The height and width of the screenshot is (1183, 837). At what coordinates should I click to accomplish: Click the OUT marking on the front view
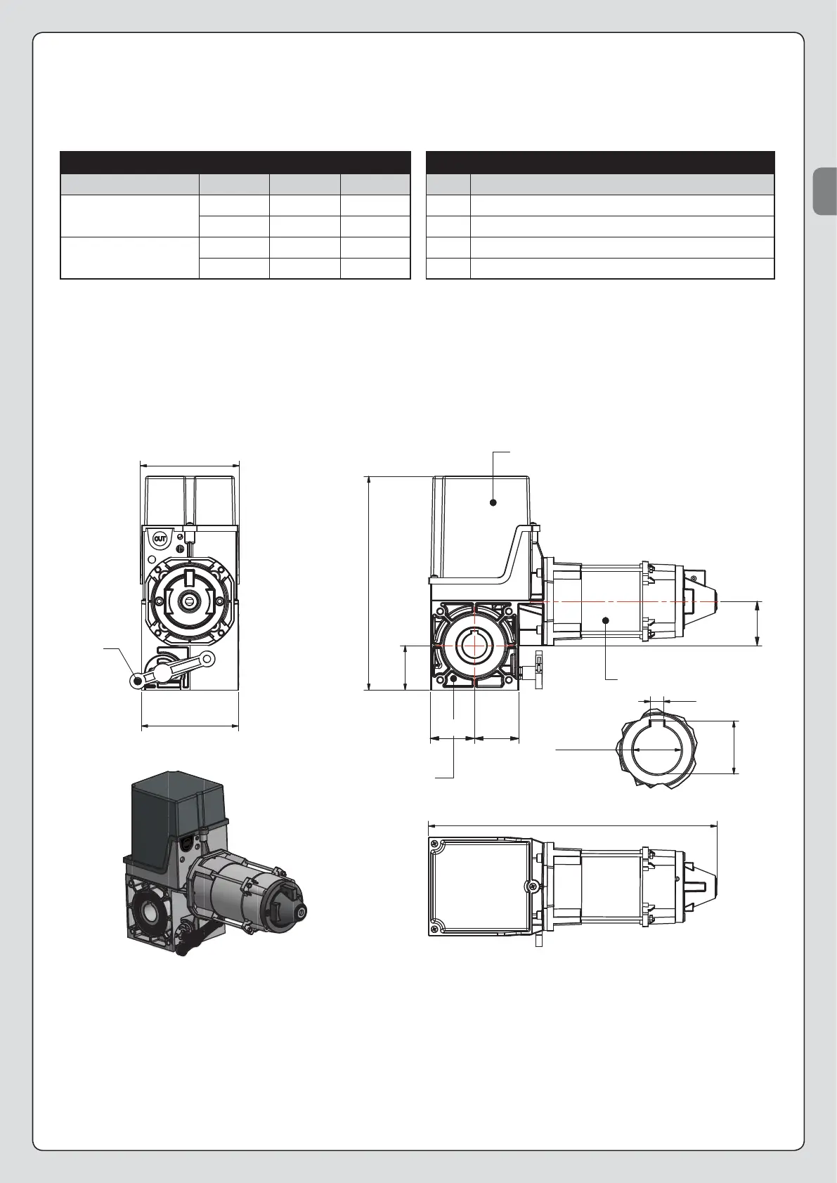160,540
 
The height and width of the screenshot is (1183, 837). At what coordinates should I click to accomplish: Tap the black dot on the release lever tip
138,681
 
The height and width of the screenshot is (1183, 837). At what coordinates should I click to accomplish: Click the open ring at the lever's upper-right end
207,658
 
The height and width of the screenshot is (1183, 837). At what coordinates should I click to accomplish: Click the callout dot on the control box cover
493,502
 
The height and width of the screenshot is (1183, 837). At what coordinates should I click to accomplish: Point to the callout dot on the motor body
606,620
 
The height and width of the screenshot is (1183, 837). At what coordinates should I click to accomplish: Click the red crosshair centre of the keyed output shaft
475,645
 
